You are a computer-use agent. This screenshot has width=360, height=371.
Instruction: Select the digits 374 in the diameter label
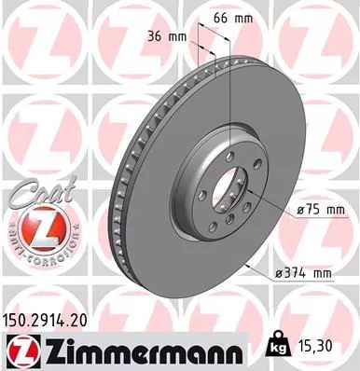click(x=297, y=272)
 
